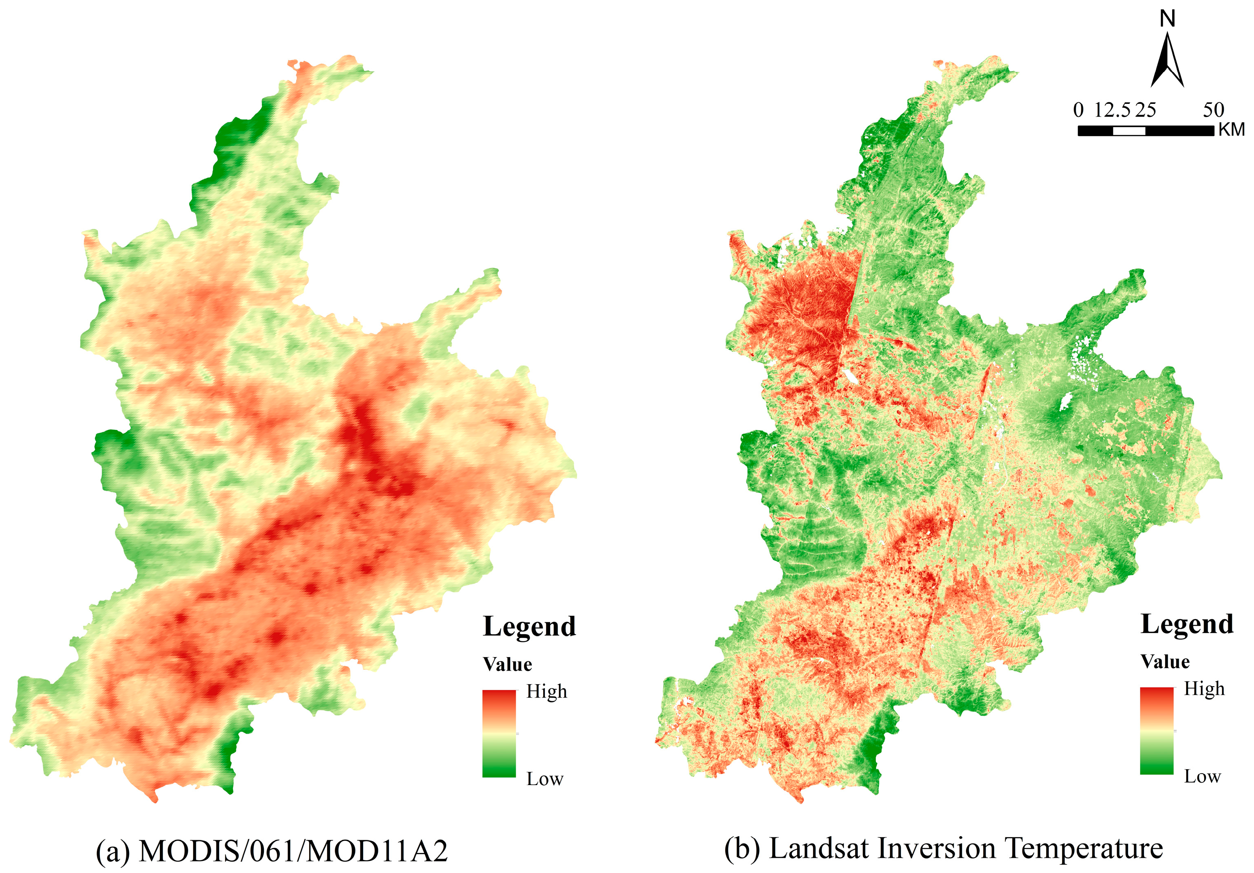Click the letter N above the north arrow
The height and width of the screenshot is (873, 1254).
tap(1167, 20)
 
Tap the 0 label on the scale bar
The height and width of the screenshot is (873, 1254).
tap(1078, 110)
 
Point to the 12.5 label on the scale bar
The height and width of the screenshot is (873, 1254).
tap(1112, 110)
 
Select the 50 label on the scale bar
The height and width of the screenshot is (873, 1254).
tap(1213, 110)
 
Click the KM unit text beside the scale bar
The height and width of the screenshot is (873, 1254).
tap(1232, 130)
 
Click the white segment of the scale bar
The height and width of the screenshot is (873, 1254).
tap(1129, 131)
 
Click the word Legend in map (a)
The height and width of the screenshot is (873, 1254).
tap(529, 627)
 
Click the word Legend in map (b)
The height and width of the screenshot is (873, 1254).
tap(1187, 624)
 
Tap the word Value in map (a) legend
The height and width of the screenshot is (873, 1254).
tap(508, 664)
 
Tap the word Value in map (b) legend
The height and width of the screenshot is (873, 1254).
tap(1165, 662)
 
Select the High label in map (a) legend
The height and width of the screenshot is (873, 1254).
tap(546, 692)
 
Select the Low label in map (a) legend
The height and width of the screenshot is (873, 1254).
tap(544, 779)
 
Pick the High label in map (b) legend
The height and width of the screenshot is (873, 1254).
tap(1204, 689)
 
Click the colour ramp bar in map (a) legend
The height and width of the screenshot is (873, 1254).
tap(499, 733)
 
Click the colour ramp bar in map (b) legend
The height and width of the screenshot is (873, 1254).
tap(1156, 731)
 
